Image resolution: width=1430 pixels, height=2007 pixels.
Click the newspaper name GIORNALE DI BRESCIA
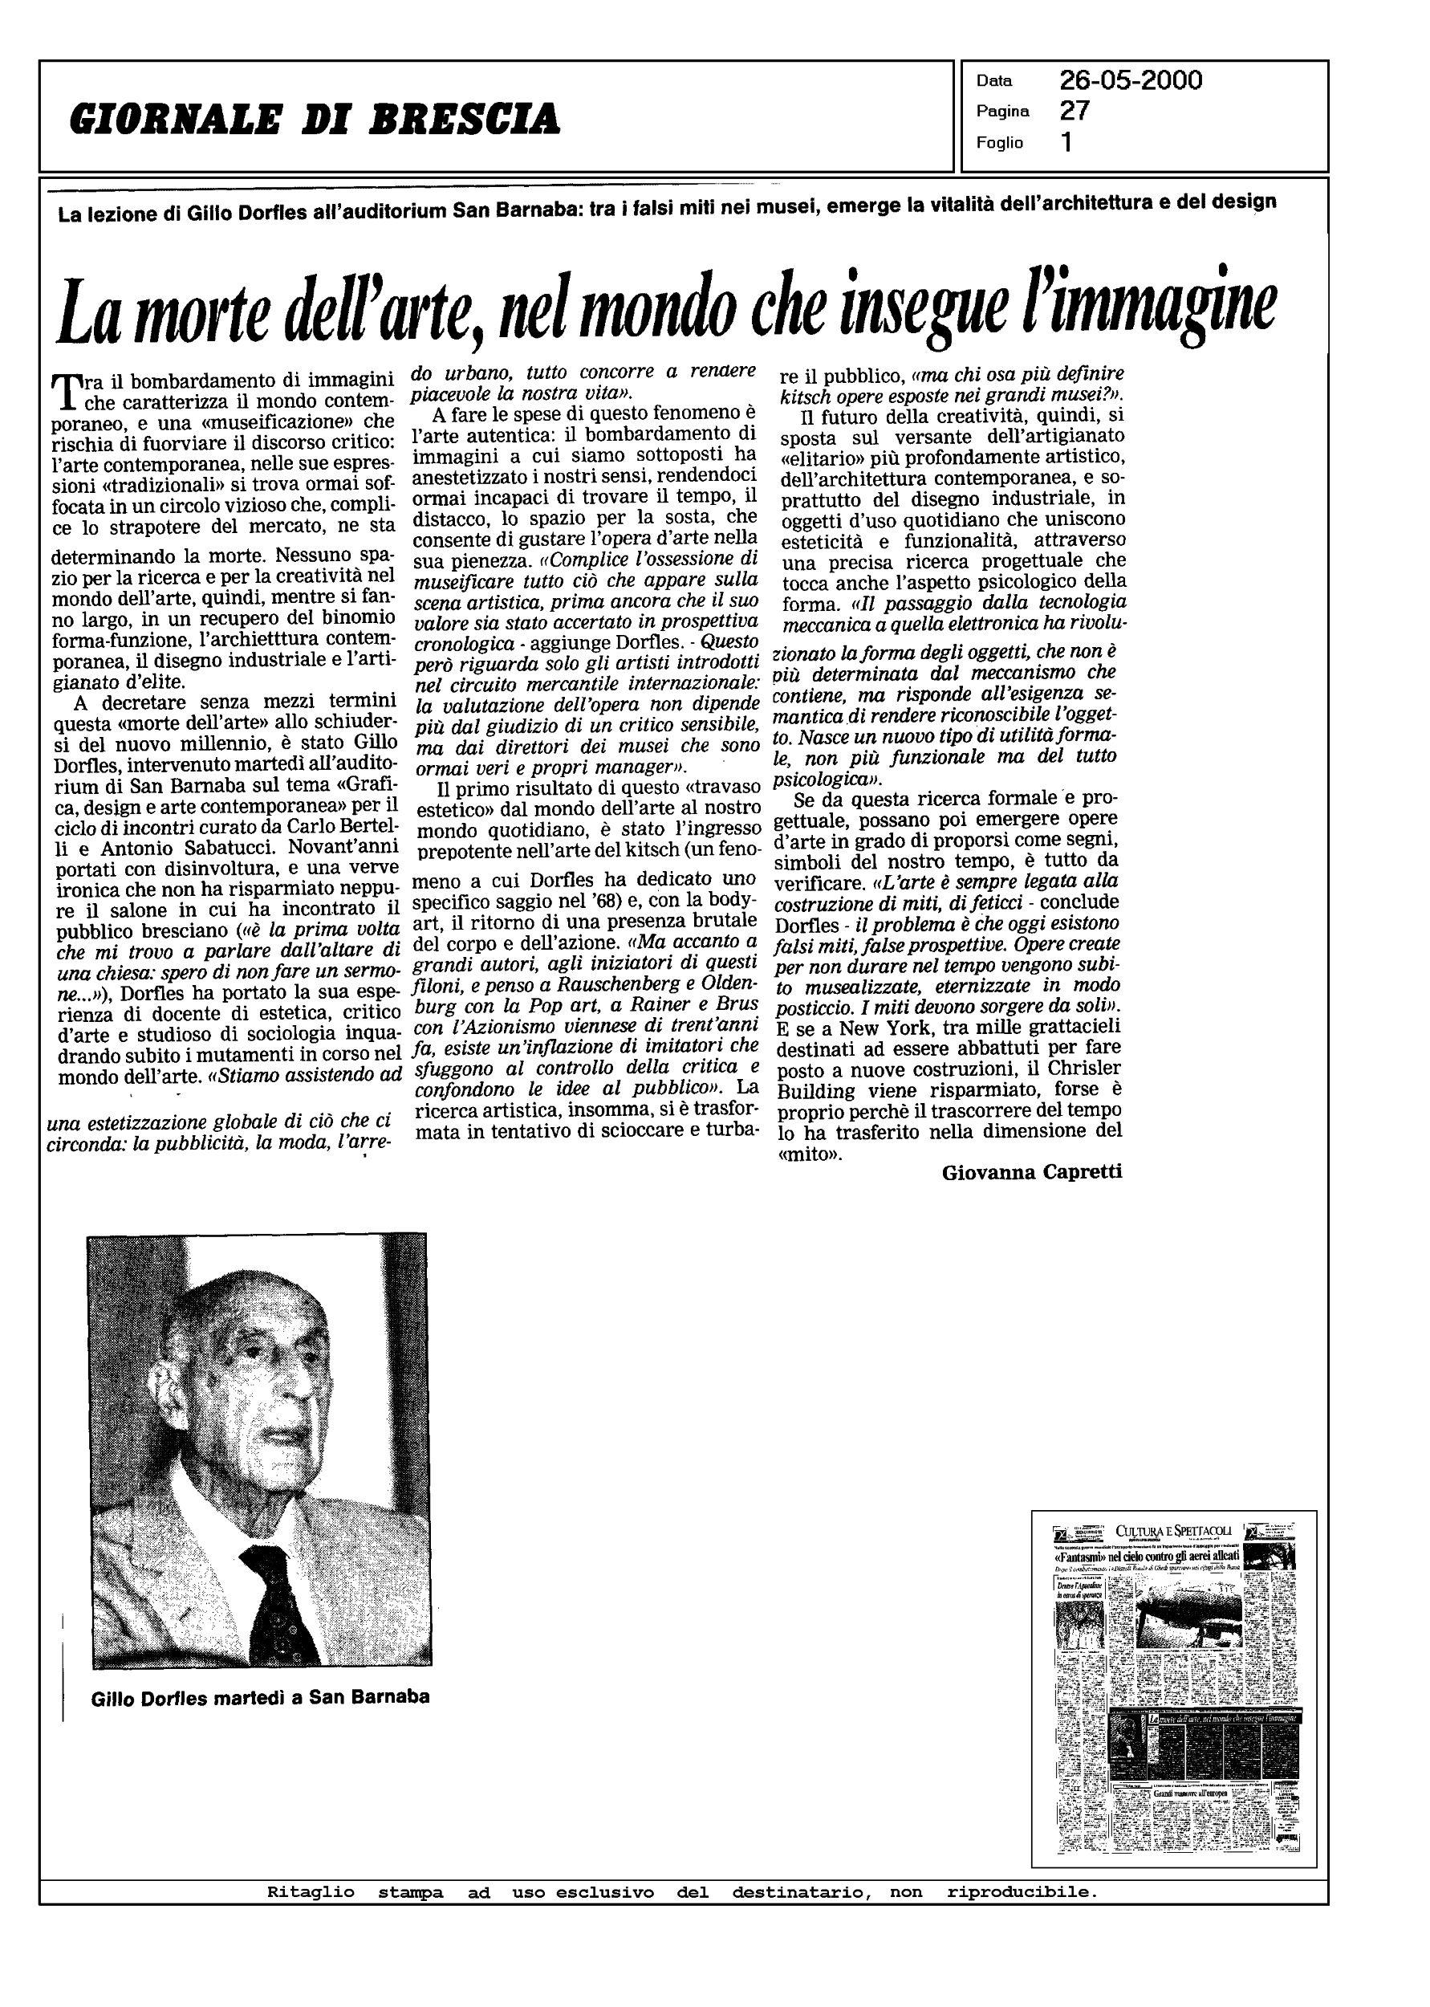coord(315,119)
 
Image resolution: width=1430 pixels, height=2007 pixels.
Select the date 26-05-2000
coord(1131,80)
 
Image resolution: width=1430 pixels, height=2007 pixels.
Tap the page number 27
coord(1075,111)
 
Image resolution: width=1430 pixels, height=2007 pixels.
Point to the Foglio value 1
coord(1066,142)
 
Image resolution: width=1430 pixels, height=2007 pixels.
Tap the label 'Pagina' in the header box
coord(1003,112)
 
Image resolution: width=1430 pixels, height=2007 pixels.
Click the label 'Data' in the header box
coord(994,81)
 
